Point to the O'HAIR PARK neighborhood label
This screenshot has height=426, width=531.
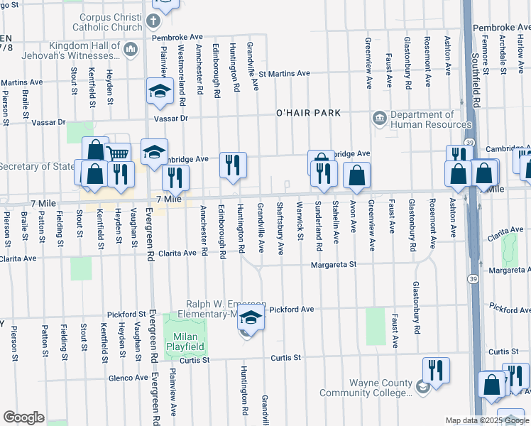(308, 113)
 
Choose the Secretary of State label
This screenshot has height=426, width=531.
(36, 167)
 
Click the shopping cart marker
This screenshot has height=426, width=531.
(117, 153)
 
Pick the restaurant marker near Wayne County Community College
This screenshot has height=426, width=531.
(436, 371)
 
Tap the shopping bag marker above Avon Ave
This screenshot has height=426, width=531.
(356, 175)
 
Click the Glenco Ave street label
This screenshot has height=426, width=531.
(127, 378)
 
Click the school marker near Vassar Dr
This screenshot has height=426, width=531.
(160, 91)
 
